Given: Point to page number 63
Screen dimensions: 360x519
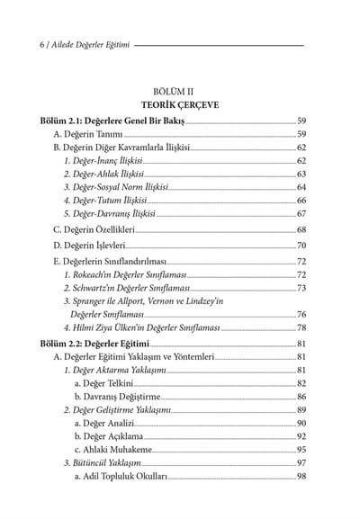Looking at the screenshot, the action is (302, 173).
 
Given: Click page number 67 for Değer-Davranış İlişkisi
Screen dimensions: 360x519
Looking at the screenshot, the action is (302, 214).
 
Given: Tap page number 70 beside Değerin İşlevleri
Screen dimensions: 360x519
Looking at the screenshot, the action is (302, 245).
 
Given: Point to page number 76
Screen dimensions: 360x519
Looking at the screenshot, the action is (302, 314).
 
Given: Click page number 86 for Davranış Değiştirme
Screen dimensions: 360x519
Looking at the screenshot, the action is (302, 397).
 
